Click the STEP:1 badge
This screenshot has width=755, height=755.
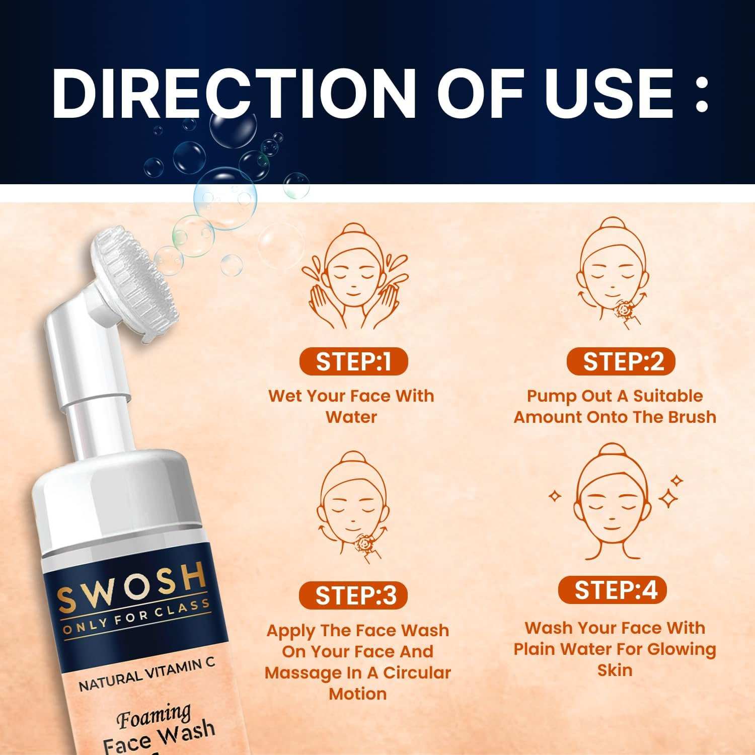(353, 361)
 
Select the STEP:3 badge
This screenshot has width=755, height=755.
(353, 595)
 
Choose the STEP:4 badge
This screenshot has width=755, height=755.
(613, 590)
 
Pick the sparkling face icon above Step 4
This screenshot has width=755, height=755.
(613, 501)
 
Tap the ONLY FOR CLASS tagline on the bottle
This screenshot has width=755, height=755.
(136, 617)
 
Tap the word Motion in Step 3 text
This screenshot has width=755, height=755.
(357, 694)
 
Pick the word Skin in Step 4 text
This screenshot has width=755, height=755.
(615, 670)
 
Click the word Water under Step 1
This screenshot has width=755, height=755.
(351, 417)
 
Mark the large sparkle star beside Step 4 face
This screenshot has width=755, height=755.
(668, 498)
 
